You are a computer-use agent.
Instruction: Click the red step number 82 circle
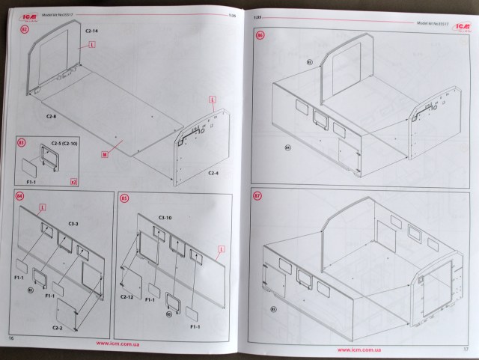coord(23,30)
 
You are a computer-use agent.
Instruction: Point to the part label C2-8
coord(52,117)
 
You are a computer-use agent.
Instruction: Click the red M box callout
coord(104,156)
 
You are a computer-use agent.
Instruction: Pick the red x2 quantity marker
coord(73,183)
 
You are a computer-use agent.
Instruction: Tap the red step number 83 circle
coord(22,143)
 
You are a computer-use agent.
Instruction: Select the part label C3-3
coord(76,223)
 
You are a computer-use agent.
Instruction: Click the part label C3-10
coord(166,217)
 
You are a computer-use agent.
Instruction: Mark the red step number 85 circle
coord(124,199)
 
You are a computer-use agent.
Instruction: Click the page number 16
coord(11,339)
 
